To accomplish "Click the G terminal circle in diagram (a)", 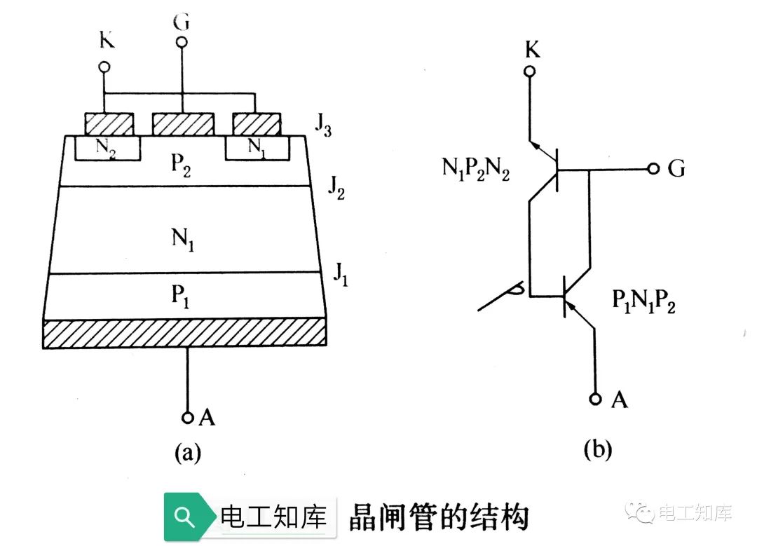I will point(182,43).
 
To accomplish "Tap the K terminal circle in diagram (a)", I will point(104,67).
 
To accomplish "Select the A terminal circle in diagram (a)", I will point(187,417).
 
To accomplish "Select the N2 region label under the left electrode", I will point(107,149).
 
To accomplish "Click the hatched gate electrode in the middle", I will point(182,124).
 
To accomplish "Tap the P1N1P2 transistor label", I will point(643,303).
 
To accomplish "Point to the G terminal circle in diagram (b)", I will point(653,169).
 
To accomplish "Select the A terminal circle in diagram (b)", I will point(595,399).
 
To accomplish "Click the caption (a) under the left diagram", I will point(187,453).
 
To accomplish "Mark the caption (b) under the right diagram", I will point(596,450).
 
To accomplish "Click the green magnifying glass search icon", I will point(184,517).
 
